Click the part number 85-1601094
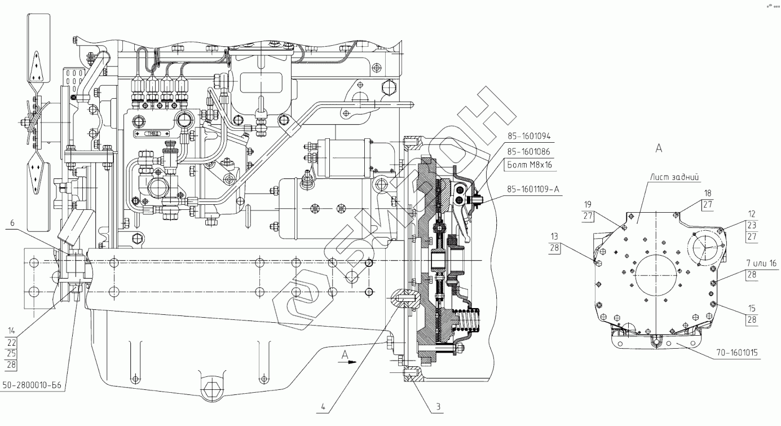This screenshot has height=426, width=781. (529, 137)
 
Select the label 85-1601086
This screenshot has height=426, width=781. (528, 152)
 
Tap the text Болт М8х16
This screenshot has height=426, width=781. (530, 165)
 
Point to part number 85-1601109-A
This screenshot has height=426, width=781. (533, 190)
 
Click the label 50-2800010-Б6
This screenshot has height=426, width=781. (32, 385)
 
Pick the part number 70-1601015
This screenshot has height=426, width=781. (737, 353)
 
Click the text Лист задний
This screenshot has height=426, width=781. (674, 177)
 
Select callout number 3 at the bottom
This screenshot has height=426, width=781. (438, 407)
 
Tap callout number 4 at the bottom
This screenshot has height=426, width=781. (323, 406)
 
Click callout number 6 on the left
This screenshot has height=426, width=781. (12, 223)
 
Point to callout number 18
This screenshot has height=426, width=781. (708, 194)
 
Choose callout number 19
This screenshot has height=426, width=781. (588, 204)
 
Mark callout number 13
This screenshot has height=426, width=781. (554, 236)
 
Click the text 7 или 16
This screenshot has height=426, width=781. (761, 263)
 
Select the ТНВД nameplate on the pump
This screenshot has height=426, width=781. (152, 134)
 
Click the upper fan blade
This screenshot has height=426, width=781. (39, 51)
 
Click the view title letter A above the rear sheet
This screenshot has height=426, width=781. (659, 148)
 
